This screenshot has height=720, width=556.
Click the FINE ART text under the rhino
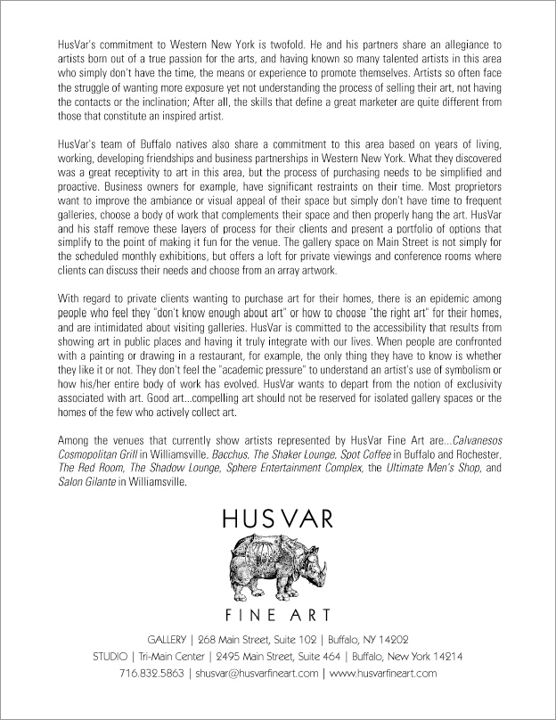(x=277, y=615)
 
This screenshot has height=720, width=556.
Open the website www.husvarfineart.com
(x=383, y=674)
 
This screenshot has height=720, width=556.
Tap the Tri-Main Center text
(x=168, y=657)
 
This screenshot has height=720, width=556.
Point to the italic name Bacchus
(x=234, y=453)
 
